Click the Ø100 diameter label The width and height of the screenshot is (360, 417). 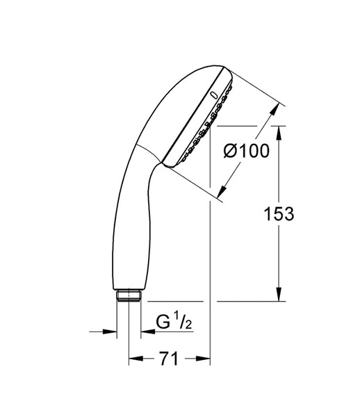pos(246,151)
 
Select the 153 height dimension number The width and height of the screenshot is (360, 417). pos(279,213)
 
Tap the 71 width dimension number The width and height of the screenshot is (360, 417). pos(169,359)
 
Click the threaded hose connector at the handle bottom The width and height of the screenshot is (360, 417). pos(129,295)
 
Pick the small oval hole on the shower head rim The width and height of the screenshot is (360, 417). pos(213,95)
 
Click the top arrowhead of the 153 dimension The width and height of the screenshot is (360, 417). pos(279,133)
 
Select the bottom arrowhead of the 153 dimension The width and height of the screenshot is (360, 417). pos(279,295)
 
